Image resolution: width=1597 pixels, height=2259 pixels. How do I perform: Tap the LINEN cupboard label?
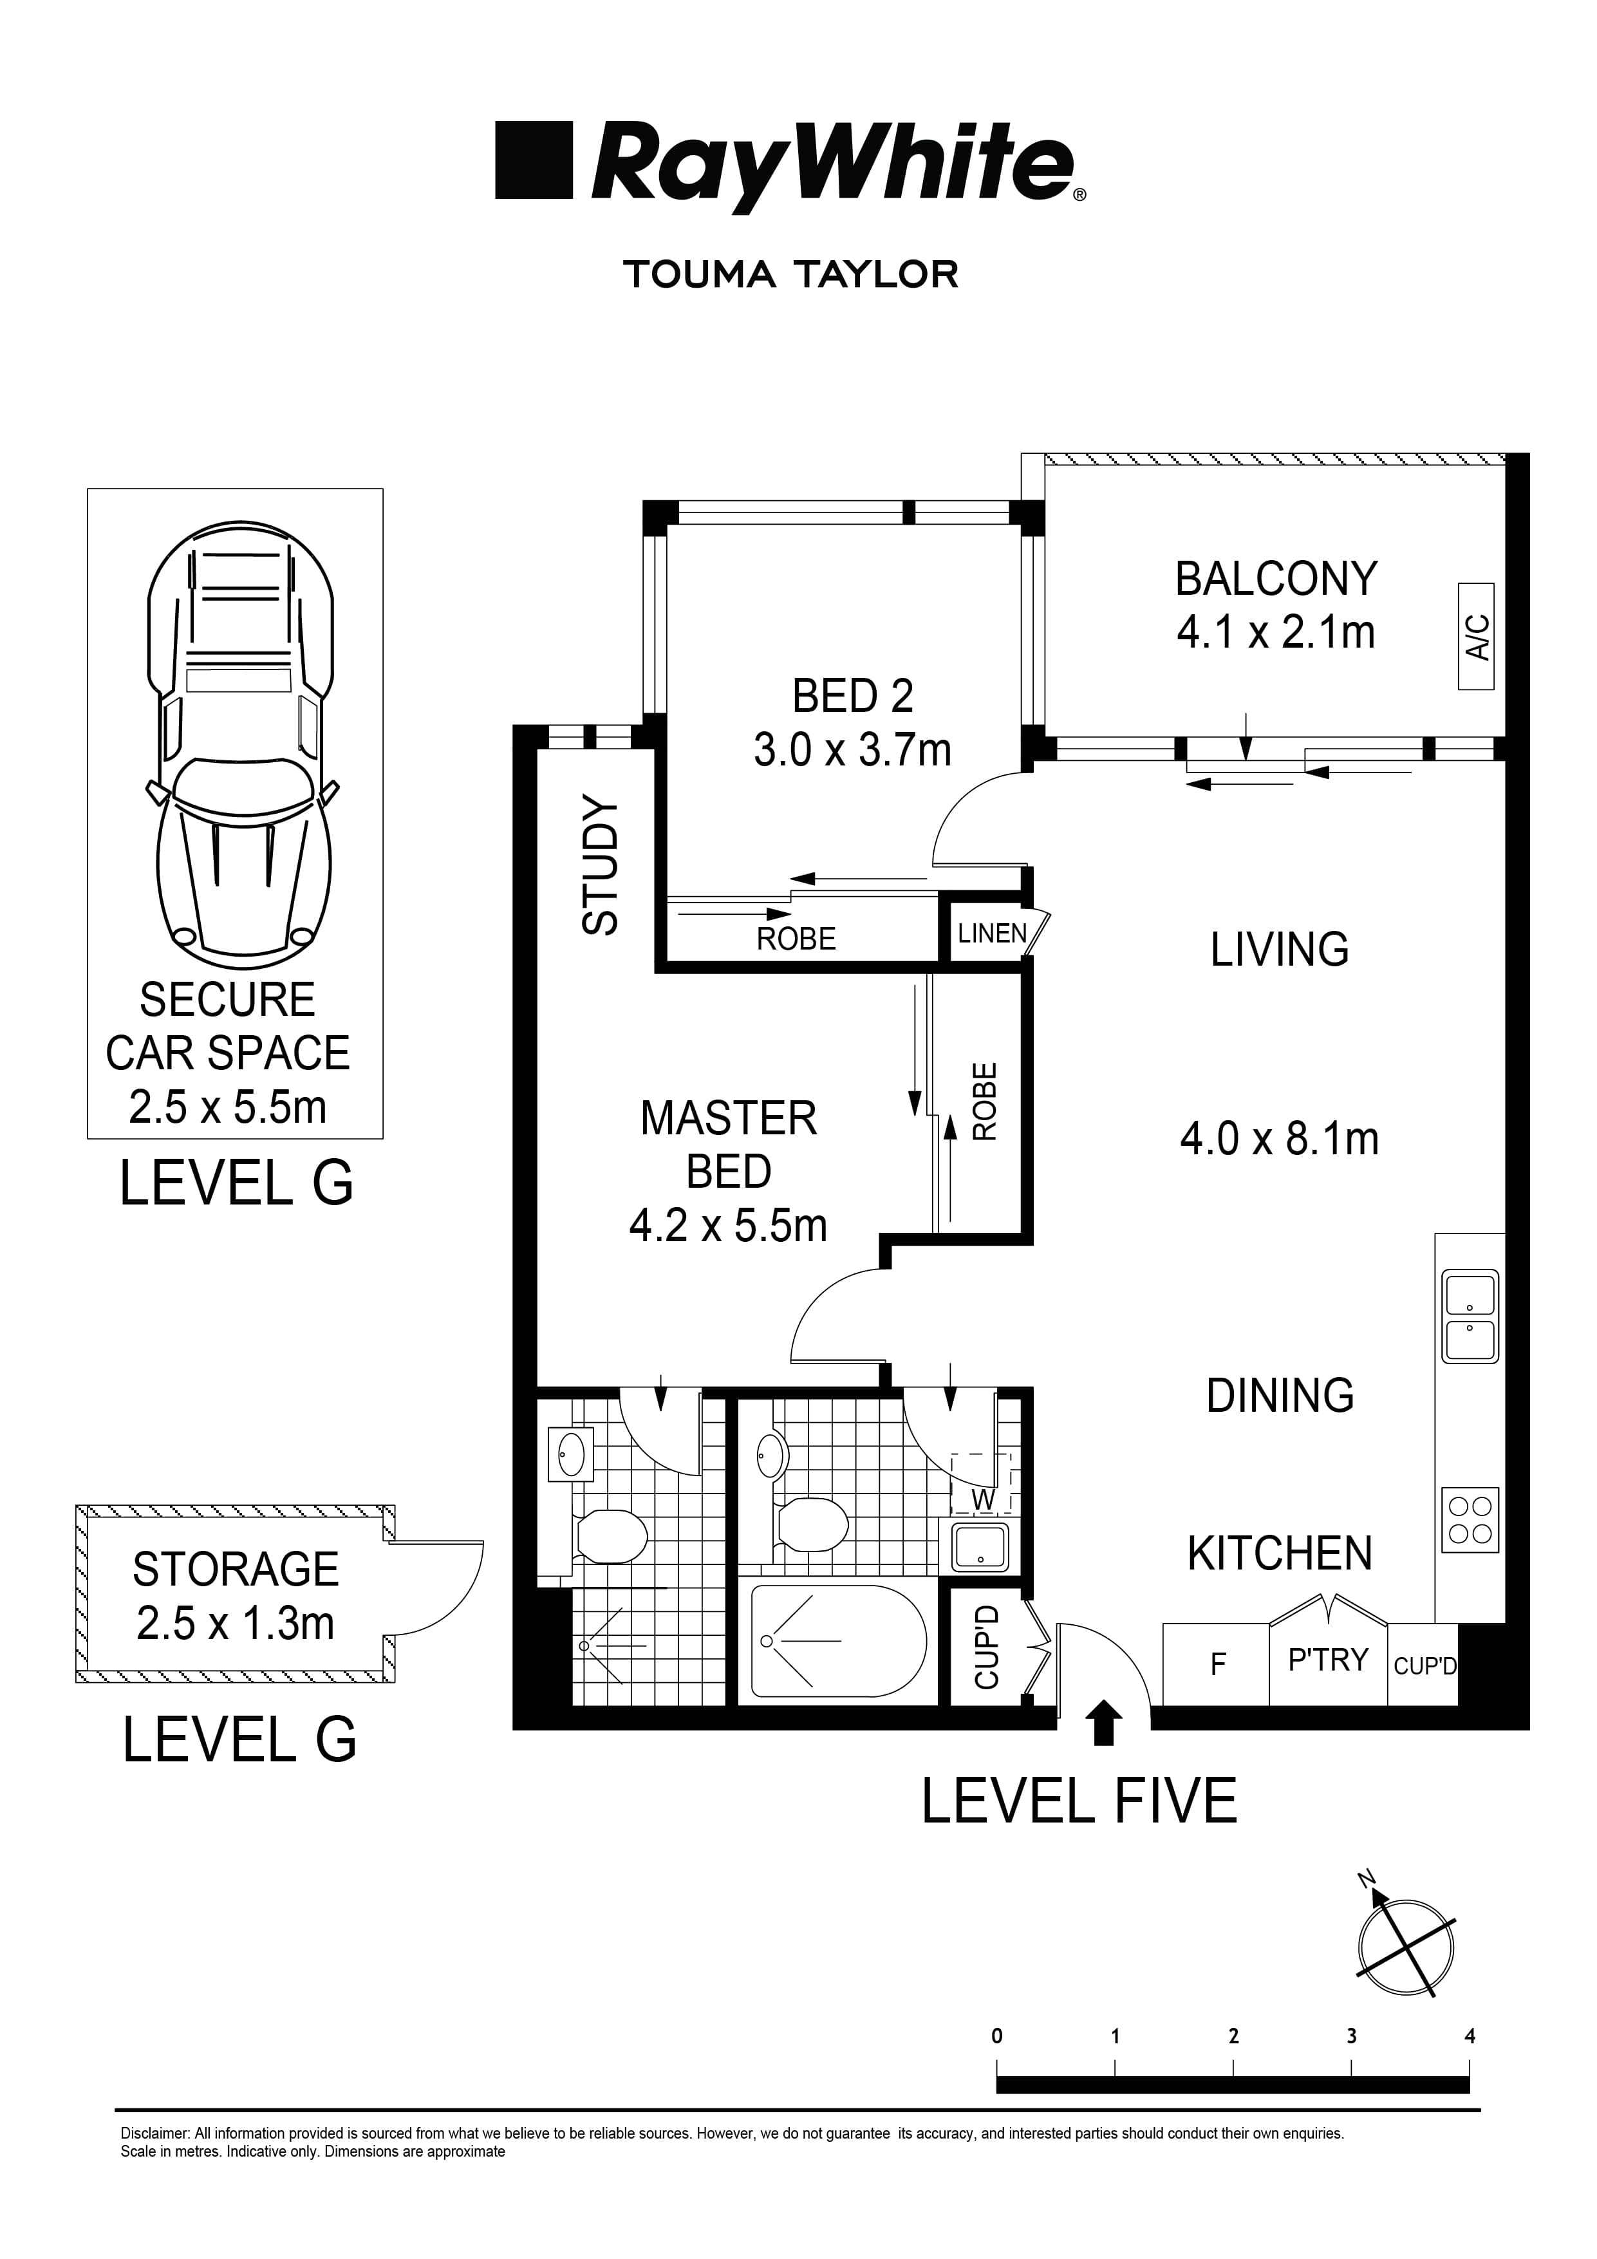pos(992,933)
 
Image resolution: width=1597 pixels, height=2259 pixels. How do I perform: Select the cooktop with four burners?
pos(1470,1520)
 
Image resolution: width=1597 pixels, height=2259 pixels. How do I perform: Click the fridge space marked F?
pos(1217,1665)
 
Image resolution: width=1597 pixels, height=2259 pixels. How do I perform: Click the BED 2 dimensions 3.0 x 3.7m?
pos(852,751)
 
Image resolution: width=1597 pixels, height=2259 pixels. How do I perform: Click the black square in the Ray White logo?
pos(534,160)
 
